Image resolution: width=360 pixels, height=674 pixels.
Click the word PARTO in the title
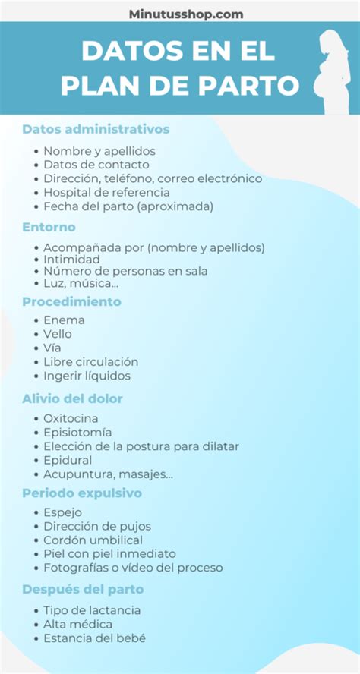tap(254, 86)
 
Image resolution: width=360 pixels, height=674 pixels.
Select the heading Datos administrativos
tap(96, 129)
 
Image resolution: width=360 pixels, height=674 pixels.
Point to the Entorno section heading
tap(49, 227)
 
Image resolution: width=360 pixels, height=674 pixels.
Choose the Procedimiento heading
tap(71, 301)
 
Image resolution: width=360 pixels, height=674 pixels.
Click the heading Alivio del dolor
tap(72, 398)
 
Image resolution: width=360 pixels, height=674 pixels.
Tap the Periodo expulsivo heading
tap(82, 493)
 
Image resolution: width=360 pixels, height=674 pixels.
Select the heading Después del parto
tap(83, 589)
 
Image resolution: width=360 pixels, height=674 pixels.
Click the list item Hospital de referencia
tap(106, 192)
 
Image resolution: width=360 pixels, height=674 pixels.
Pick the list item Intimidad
tap(71, 260)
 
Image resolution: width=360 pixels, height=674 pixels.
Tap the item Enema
tap(64, 320)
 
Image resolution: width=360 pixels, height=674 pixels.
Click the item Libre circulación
tap(90, 362)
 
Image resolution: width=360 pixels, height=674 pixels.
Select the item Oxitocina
tap(71, 418)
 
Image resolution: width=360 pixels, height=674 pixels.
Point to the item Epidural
tap(68, 460)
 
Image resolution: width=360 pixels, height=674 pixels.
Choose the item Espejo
tap(62, 512)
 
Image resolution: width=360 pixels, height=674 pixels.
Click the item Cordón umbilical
tap(93, 540)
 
